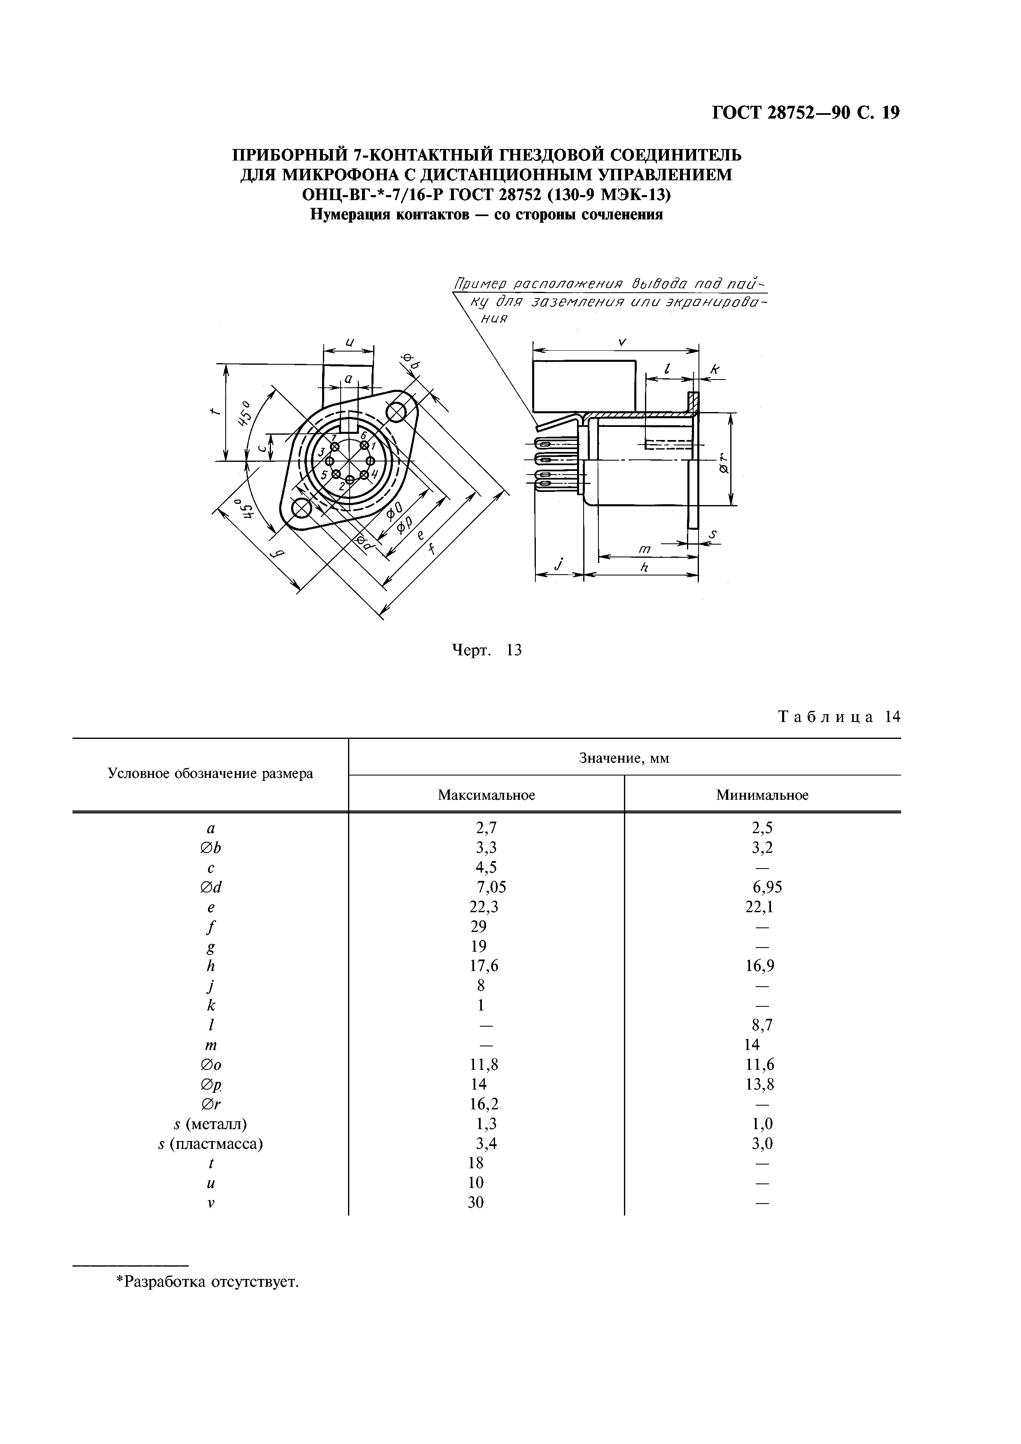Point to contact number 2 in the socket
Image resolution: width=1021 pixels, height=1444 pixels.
pos(350,480)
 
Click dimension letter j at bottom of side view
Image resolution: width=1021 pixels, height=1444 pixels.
pos(557,565)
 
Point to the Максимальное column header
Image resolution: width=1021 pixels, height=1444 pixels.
pos(486,795)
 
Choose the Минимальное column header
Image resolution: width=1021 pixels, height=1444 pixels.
pos(762,795)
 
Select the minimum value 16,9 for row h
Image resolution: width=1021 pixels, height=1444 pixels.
pos(762,965)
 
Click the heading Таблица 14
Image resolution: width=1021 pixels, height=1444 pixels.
pos(839,717)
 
